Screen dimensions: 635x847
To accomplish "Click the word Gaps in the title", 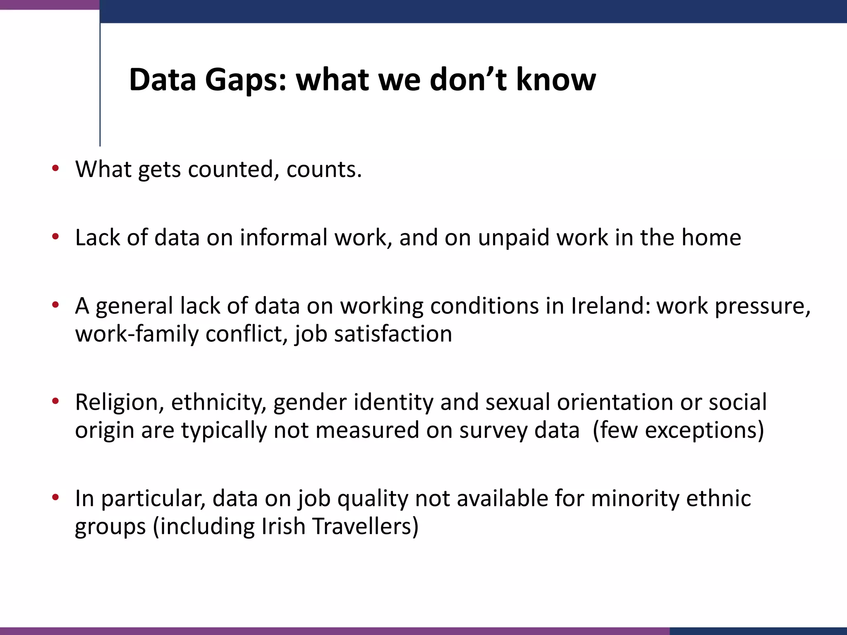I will [x=246, y=79].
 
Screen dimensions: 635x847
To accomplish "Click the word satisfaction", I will [x=393, y=334].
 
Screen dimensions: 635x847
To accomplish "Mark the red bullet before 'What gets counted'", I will [x=55, y=168].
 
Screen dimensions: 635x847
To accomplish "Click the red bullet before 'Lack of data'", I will [x=55, y=237].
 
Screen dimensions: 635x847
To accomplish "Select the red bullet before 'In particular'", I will [x=55, y=497].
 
